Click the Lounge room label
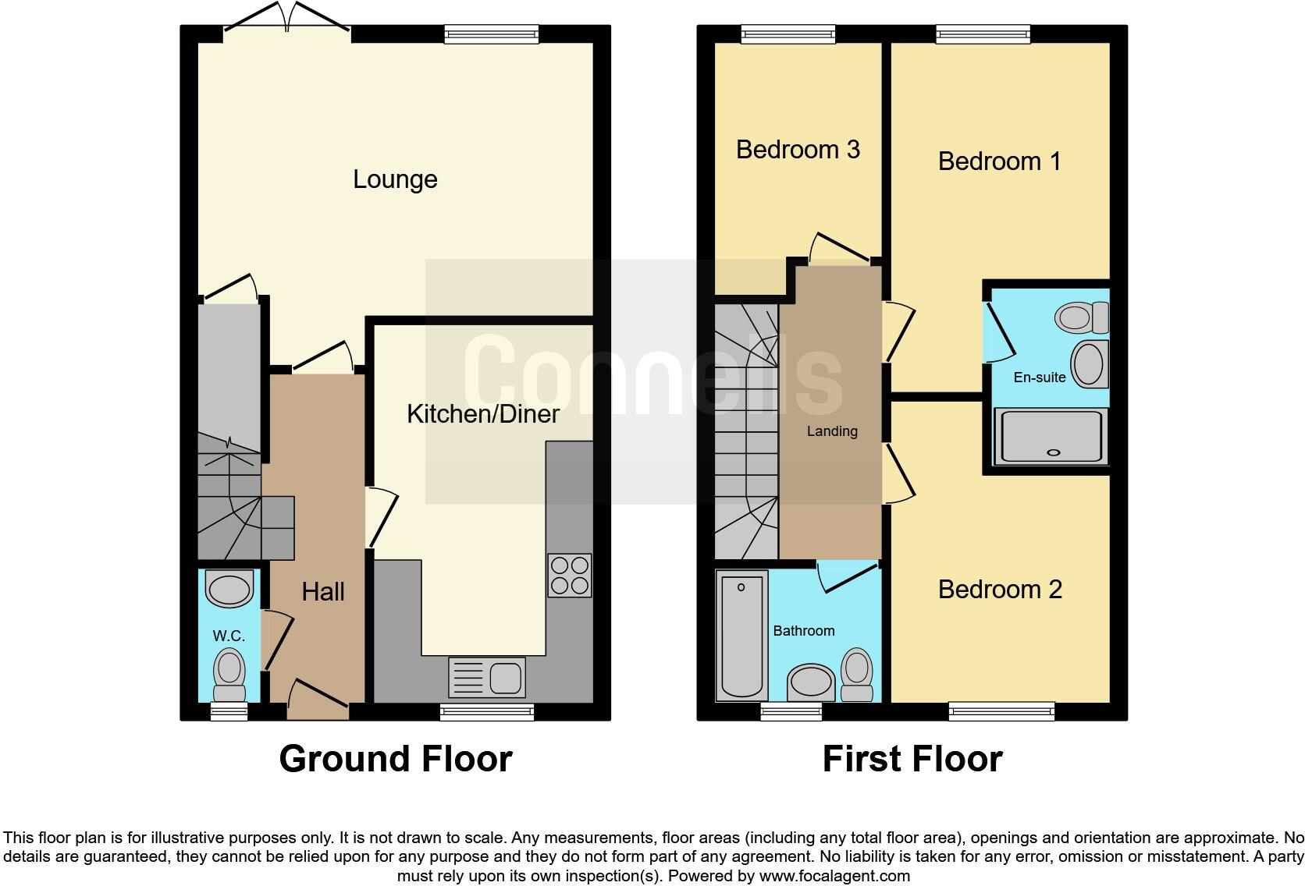tap(395, 179)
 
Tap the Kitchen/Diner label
tap(483, 413)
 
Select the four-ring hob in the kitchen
tap(569, 576)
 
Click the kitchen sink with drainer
tap(487, 677)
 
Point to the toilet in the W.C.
tap(229, 675)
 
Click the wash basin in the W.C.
tap(229, 588)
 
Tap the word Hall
tap(323, 592)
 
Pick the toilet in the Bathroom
tap(857, 675)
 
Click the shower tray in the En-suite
tap(1051, 435)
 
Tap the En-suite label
tap(1039, 377)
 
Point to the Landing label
tap(832, 431)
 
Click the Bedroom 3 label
tap(798, 149)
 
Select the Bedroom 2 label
tap(1000, 590)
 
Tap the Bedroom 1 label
tap(999, 161)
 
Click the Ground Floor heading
tap(395, 759)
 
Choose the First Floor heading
tap(912, 759)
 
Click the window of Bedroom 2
tap(1001, 711)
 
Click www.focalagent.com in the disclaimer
tap(834, 876)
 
